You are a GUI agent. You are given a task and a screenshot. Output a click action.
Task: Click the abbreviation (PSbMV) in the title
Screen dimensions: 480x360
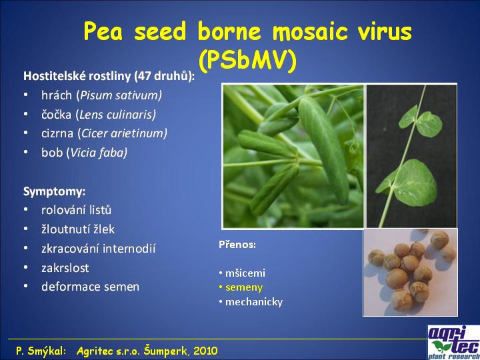pyautogui.click(x=247, y=60)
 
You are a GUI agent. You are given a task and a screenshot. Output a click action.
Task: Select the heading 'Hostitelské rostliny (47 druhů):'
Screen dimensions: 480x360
pyautogui.click(x=109, y=76)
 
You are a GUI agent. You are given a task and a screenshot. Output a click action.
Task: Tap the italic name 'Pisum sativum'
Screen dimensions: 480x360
pyautogui.click(x=119, y=95)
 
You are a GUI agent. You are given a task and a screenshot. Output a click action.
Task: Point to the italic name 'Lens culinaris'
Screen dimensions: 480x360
pyautogui.click(x=116, y=115)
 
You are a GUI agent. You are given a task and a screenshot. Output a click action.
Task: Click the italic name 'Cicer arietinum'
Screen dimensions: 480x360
pyautogui.click(x=122, y=133)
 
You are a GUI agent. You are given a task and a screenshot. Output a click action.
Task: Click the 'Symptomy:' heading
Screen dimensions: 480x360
pyautogui.click(x=55, y=192)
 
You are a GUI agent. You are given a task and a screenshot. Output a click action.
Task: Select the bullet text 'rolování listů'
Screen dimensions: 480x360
pyautogui.click(x=77, y=210)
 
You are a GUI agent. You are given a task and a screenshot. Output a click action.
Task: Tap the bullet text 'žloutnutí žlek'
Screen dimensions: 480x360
pyautogui.click(x=78, y=229)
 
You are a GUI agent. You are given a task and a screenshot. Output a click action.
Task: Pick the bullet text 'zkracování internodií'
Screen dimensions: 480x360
pyautogui.click(x=99, y=249)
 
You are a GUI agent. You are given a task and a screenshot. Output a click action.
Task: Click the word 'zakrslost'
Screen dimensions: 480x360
pyautogui.click(x=65, y=268)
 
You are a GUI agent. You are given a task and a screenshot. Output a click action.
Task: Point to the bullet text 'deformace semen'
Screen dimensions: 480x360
pyautogui.click(x=90, y=287)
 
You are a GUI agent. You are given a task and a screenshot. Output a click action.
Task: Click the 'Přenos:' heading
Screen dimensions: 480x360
pyautogui.click(x=237, y=245)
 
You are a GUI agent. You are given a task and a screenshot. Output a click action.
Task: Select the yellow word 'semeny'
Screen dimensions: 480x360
pyautogui.click(x=244, y=288)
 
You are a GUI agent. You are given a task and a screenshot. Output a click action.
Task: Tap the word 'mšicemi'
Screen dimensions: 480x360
pyautogui.click(x=245, y=273)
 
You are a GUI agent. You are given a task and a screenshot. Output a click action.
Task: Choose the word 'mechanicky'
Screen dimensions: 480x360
pyautogui.click(x=254, y=302)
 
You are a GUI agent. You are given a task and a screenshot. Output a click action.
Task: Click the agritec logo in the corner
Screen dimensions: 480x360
pyautogui.click(x=454, y=342)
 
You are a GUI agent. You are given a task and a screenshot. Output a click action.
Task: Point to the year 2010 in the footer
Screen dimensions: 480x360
pyautogui.click(x=206, y=351)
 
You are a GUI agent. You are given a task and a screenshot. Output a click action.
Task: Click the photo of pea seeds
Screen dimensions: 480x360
pyautogui.click(x=411, y=273)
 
